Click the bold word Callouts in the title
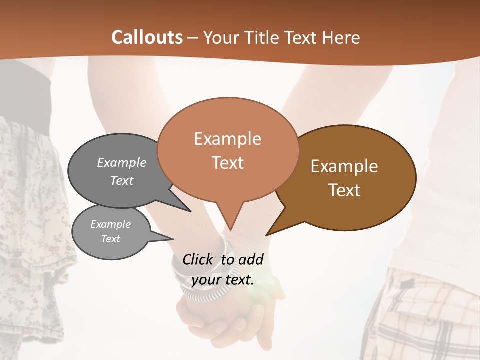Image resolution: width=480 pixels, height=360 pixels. (x=147, y=37)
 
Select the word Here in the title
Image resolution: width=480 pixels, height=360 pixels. (x=340, y=38)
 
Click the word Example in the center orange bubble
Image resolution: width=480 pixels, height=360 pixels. (x=227, y=139)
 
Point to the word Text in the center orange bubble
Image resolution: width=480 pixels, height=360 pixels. (x=227, y=163)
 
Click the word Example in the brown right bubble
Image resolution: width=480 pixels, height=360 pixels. (x=344, y=166)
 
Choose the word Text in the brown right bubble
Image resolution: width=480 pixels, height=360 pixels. (x=344, y=190)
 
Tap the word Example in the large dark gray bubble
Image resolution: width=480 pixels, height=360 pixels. (x=122, y=162)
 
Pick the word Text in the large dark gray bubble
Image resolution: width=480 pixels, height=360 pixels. (x=122, y=180)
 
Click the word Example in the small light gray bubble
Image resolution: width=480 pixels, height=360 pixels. (x=110, y=224)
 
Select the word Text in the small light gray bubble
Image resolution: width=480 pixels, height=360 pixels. (x=110, y=239)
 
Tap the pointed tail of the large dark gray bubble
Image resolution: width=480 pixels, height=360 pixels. (x=189, y=211)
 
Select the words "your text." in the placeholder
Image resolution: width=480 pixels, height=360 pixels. (x=223, y=280)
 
